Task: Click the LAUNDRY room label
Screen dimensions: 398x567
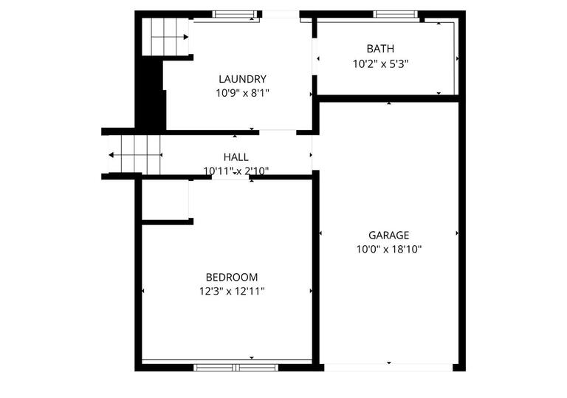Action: pos(242,79)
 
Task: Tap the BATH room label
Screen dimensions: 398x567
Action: pos(380,49)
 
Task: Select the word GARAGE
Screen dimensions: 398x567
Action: pos(388,235)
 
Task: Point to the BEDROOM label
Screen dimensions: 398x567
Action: pos(232,277)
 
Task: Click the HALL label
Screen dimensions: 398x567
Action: pos(236,157)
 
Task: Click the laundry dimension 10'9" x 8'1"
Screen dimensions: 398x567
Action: pos(242,93)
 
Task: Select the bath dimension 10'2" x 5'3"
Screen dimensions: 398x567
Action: pos(380,64)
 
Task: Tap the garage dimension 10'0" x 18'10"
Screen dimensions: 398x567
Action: pos(388,249)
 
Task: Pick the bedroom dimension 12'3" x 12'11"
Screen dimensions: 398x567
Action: pos(232,291)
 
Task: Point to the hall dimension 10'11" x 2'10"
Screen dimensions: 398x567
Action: pos(236,171)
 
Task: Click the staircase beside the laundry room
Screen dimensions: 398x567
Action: pos(167,35)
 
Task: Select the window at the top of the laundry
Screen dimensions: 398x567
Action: pos(236,14)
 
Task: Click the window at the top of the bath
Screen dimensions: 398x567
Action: pos(395,14)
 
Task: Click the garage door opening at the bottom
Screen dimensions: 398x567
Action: pos(388,366)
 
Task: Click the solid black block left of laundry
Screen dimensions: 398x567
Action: pos(153,95)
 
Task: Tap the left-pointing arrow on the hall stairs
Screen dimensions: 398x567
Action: pos(111,155)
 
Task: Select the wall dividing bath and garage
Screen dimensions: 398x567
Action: pos(388,98)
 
